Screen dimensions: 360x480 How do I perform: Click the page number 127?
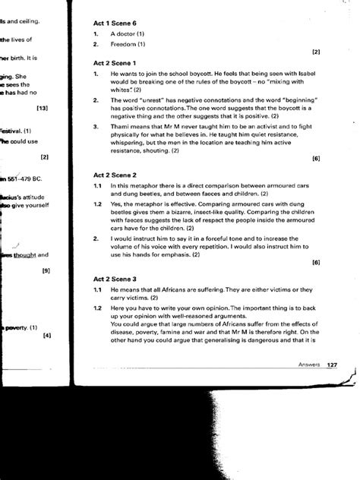tap(332, 365)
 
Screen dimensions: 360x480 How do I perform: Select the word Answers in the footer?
tap(308, 365)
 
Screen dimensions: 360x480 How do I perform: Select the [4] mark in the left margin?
tap(46, 335)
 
